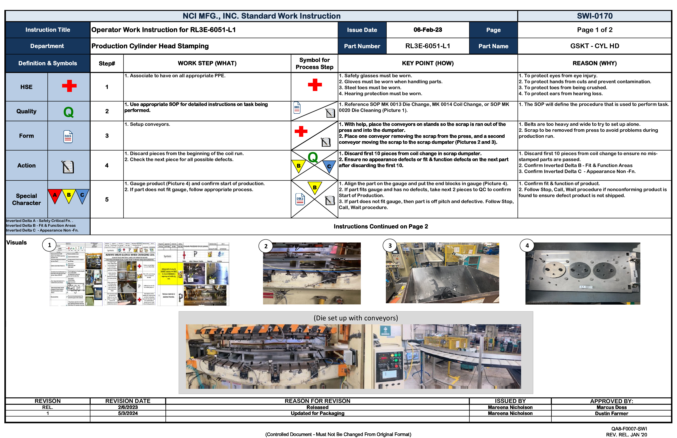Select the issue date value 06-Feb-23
point(428,30)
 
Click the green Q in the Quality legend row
point(68,112)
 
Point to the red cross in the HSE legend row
point(69,86)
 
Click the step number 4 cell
point(107,165)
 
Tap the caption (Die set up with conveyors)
point(356,318)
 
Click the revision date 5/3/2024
point(128,413)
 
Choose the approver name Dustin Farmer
point(611,414)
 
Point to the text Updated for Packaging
point(317,413)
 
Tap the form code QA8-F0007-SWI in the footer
point(629,429)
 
